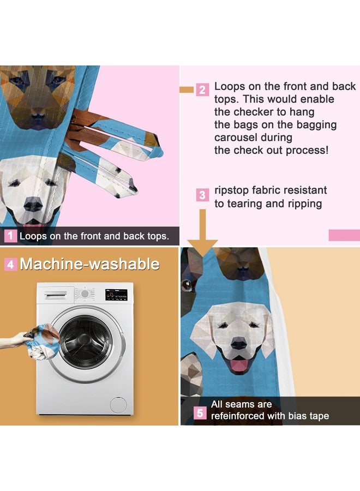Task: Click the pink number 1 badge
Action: (10, 236)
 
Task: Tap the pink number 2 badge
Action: (202, 90)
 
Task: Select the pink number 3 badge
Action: (202, 195)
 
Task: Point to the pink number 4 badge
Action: (11, 265)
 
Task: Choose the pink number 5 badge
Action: (200, 413)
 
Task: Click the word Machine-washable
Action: (90, 264)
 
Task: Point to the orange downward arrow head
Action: (202, 248)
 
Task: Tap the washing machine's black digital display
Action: (116, 295)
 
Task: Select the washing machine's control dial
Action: (85, 294)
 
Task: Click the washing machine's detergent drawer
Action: (56, 295)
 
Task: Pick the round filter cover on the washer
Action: (118, 405)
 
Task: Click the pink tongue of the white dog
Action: (239, 365)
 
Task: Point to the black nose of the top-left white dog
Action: (33, 205)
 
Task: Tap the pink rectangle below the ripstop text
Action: (344, 235)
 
